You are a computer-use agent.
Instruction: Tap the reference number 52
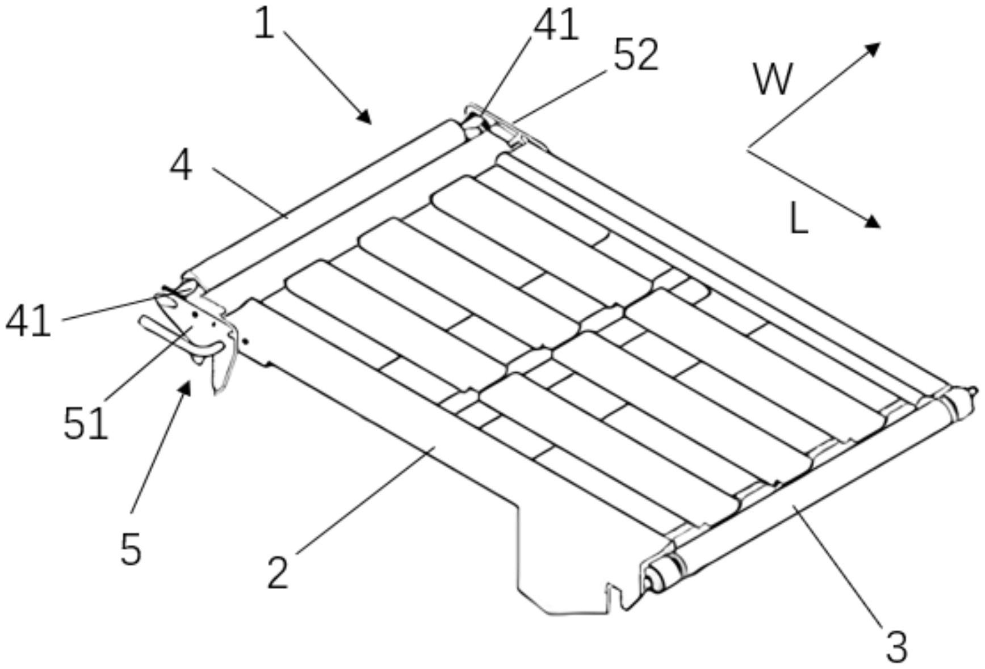636,56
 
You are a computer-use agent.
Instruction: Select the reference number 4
181,167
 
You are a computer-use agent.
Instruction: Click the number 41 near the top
556,26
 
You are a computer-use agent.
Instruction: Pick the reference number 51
85,423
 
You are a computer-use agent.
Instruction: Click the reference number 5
131,549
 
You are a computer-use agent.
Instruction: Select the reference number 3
896,647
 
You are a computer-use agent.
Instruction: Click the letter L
799,220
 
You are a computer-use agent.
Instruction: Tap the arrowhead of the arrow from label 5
185,387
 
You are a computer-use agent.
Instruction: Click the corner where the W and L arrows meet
748,149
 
